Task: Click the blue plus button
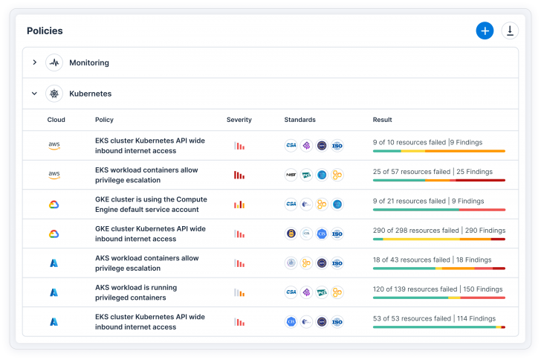485,30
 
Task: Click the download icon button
510,30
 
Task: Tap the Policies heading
45,31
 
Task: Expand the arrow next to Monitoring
34,62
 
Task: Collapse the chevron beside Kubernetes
34,94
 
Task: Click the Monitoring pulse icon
54,62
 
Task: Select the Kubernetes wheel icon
54,94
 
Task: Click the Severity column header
239,120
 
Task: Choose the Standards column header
299,120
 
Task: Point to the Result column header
382,120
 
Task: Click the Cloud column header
56,120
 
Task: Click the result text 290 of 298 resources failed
414,230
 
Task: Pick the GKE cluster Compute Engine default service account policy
151,205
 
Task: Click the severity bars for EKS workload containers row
239,175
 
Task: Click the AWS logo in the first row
54,146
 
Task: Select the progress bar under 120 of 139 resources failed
438,298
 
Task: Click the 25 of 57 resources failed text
411,171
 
